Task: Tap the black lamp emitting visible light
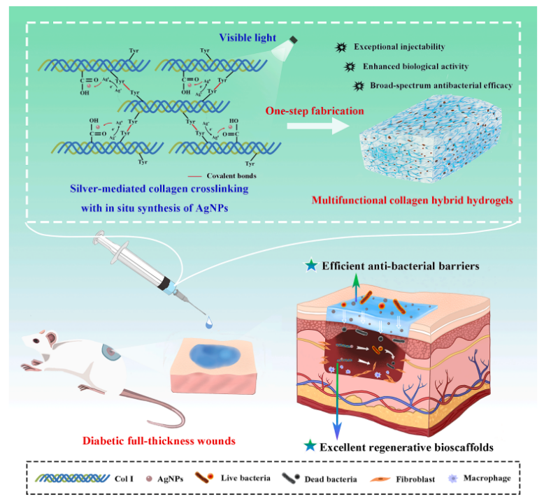pos(294,40)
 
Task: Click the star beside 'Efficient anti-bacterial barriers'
pos(310,266)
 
